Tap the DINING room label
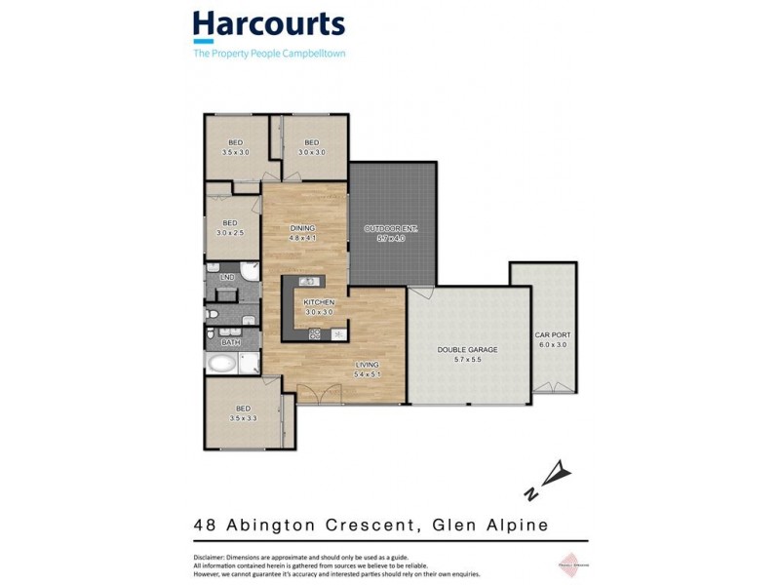[x=302, y=229]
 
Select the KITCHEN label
[x=319, y=302]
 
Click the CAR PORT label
[x=553, y=334]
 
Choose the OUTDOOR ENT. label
[x=390, y=229]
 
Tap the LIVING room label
[x=367, y=365]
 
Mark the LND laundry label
[x=227, y=278]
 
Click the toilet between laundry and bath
[x=212, y=314]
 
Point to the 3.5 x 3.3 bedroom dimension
[x=242, y=417]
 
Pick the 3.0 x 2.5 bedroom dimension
[x=231, y=232]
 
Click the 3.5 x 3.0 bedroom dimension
[x=236, y=152]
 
